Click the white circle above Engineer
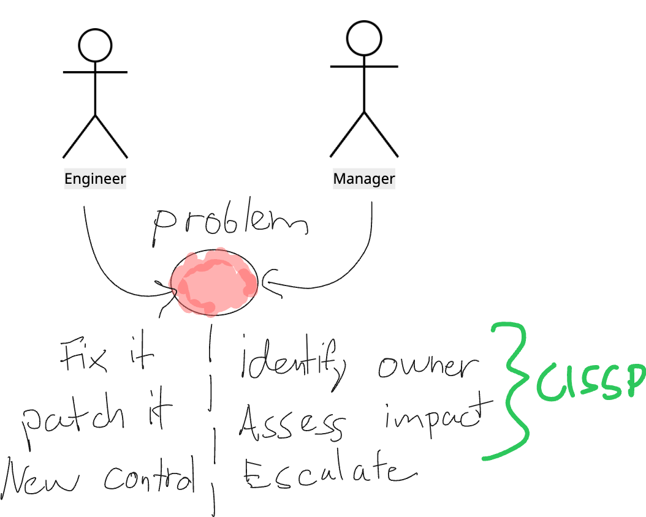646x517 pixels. (x=95, y=46)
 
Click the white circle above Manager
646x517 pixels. (x=364, y=39)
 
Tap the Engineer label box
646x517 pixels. (x=95, y=179)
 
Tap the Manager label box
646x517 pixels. (x=364, y=179)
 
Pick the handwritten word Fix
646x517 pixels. (x=85, y=357)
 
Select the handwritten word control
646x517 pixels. (x=150, y=477)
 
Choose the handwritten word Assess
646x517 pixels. (x=291, y=423)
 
